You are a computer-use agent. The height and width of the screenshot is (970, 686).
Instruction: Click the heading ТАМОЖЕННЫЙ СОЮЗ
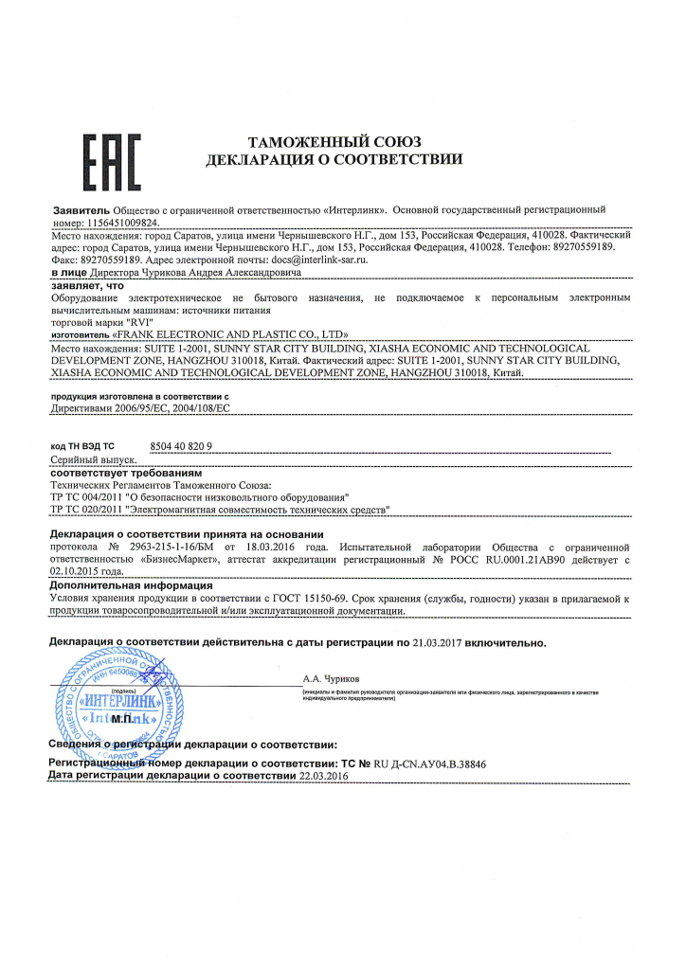pyautogui.click(x=334, y=141)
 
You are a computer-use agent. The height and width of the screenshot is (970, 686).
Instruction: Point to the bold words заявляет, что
pyautogui.click(x=87, y=284)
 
